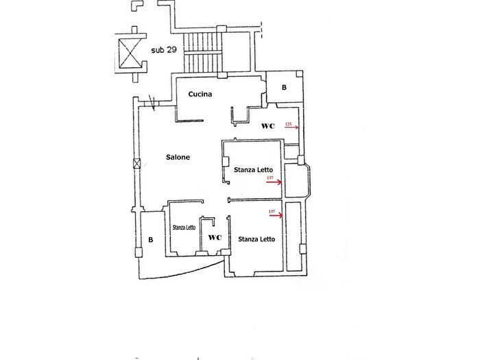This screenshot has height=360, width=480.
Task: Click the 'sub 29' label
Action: pyautogui.click(x=164, y=49)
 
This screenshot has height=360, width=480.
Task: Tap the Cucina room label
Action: pyautogui.click(x=200, y=94)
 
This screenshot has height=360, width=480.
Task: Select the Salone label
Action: pyautogui.click(x=178, y=157)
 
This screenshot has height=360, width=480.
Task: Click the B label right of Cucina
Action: pyautogui.click(x=284, y=87)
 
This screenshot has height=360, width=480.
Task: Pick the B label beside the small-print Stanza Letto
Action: pyautogui.click(x=151, y=240)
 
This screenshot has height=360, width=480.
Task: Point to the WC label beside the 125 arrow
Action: pyautogui.click(x=268, y=125)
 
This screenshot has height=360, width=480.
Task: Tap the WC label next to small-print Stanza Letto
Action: pyautogui.click(x=215, y=237)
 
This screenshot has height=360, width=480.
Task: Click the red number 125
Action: pyautogui.click(x=288, y=124)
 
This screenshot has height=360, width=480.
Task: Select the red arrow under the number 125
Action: pyautogui.click(x=291, y=128)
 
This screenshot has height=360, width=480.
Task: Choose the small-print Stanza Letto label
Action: pyautogui.click(x=184, y=228)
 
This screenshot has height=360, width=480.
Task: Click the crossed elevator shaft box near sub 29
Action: pyautogui.click(x=130, y=53)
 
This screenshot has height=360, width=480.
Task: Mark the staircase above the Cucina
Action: pyautogui.click(x=202, y=53)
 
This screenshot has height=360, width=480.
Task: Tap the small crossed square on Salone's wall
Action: pyautogui.click(x=137, y=164)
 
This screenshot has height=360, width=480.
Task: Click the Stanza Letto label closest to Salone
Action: pyautogui.click(x=253, y=169)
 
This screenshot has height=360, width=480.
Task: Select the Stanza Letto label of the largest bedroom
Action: pyautogui.click(x=256, y=239)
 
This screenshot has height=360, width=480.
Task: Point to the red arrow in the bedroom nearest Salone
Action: pyautogui.click(x=274, y=182)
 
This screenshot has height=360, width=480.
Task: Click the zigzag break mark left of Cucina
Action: pyautogui.click(x=152, y=103)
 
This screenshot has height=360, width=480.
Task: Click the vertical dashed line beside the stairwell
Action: pyautogui.click(x=261, y=30)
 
